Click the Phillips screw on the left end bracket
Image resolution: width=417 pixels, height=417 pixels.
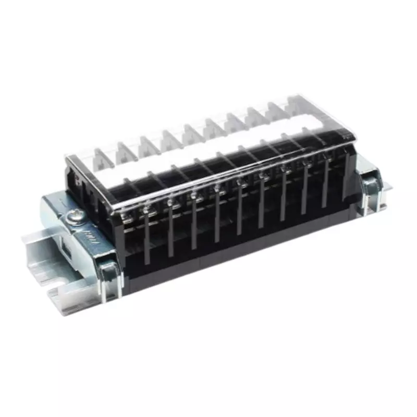tap(74, 214)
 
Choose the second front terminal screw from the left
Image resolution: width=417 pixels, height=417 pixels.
tap(148, 208)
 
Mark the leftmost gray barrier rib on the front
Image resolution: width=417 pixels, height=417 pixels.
tap(146, 242)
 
